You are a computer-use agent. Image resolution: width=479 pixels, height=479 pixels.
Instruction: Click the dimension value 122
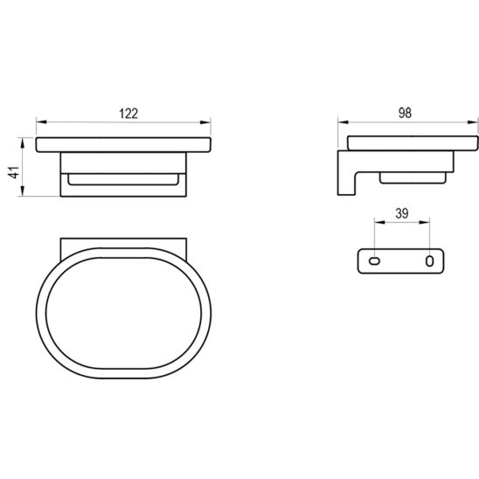(128, 114)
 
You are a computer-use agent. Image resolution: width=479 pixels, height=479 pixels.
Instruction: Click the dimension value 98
(405, 113)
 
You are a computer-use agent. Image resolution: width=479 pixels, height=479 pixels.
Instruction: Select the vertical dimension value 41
(14, 172)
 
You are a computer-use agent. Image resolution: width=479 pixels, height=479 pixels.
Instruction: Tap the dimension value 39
(402, 213)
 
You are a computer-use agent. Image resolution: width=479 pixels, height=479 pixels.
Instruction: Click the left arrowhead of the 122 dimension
(41, 122)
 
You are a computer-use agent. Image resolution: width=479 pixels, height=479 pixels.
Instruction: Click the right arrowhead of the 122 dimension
(205, 122)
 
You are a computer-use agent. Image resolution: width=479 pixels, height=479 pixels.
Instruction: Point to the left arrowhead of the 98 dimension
(343, 122)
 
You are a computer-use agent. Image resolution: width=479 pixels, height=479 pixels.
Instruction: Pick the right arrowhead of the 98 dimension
(473, 122)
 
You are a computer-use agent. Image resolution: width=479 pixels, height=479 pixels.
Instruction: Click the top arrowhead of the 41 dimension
(22, 142)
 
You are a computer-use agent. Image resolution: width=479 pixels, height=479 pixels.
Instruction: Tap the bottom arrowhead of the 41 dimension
(22, 191)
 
